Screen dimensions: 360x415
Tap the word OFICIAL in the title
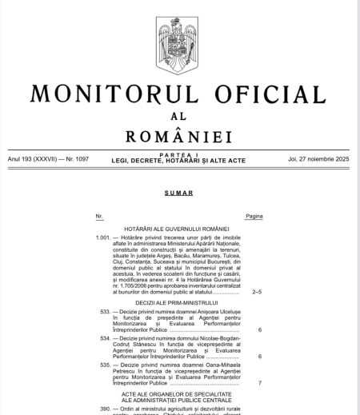click(267, 92)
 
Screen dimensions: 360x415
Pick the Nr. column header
click(99, 217)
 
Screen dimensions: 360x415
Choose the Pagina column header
click(254, 217)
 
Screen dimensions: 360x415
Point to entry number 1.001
click(102, 238)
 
